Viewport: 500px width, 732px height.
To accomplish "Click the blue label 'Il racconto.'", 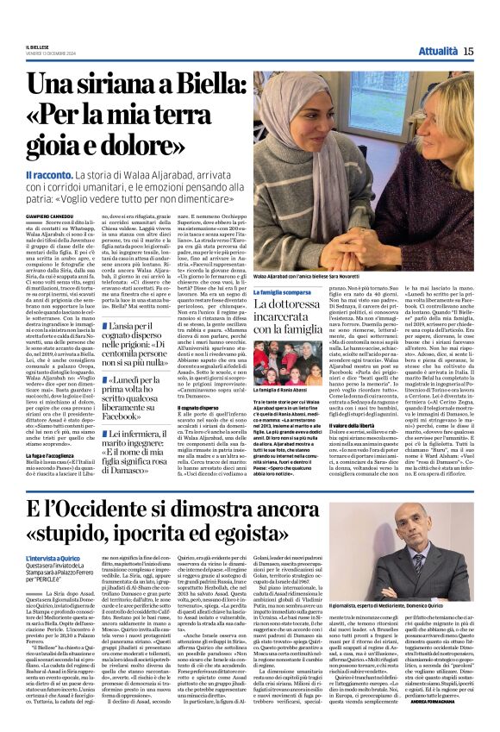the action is coord(43,176).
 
